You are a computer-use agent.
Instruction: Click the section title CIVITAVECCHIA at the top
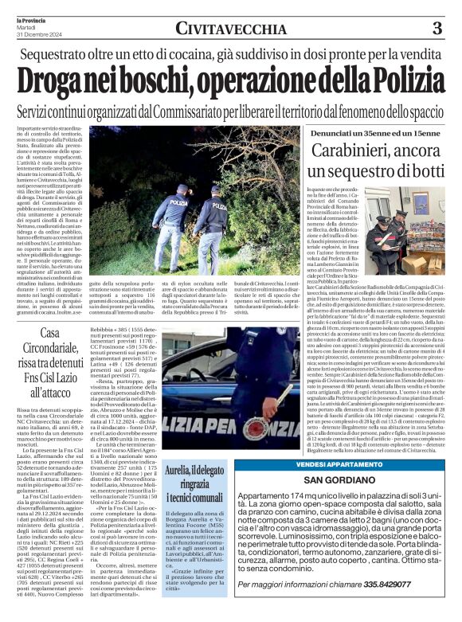coord(232,29)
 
